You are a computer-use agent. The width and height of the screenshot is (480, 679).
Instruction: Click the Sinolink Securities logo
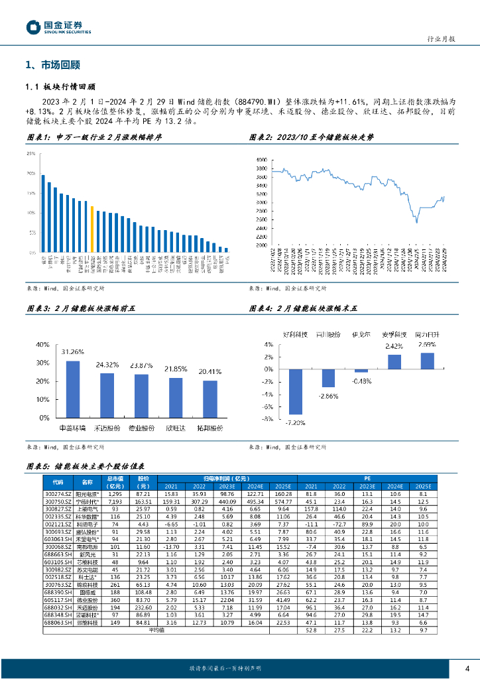(x=59, y=27)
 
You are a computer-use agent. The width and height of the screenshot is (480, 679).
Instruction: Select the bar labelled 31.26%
(x=73, y=389)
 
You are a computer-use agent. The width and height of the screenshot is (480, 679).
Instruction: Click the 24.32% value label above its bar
(x=107, y=365)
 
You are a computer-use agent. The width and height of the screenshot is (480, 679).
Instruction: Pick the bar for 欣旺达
(x=176, y=398)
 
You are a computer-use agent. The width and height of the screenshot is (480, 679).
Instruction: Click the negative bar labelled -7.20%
(x=296, y=392)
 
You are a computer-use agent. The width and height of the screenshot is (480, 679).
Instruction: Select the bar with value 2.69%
(x=427, y=361)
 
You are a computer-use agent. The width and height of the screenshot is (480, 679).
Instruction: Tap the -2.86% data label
(x=329, y=395)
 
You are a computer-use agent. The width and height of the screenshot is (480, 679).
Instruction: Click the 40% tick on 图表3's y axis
(x=42, y=345)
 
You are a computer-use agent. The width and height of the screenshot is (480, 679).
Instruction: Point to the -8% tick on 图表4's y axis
(x=269, y=419)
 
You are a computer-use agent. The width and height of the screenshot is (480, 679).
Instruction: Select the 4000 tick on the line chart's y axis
(x=261, y=160)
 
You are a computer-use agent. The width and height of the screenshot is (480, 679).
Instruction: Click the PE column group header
(x=367, y=477)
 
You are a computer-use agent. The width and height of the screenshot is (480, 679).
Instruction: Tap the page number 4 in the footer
(x=467, y=668)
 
